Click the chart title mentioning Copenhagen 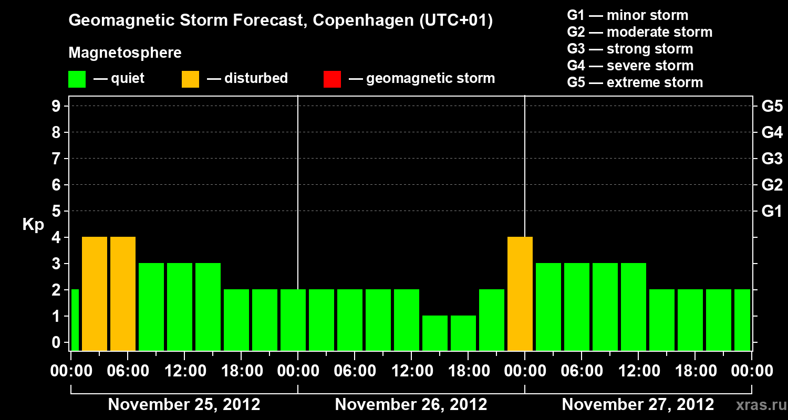281,21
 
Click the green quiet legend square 77,79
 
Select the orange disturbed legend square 190,79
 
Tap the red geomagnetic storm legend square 332,79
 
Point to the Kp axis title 33,224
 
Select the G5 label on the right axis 772,106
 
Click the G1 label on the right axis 772,211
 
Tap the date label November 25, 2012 184,405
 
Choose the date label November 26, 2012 411,405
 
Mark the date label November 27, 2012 638,405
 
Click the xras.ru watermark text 760,405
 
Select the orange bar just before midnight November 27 520,293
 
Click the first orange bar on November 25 95,293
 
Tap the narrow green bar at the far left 75,320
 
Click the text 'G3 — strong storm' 630,49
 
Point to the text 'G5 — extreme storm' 635,82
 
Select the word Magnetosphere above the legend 125,53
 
